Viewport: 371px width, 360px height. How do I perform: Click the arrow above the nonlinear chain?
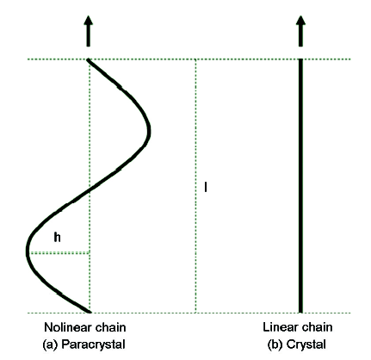[89, 31]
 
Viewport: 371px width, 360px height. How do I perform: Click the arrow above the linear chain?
[300, 31]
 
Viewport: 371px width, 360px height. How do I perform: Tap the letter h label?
[58, 238]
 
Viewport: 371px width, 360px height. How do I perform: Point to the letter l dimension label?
[206, 187]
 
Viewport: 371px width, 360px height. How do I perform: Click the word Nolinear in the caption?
[65, 327]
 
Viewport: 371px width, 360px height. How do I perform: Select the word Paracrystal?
[94, 344]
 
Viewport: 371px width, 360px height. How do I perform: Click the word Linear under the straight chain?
[278, 327]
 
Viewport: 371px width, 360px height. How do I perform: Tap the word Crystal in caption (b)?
[306, 344]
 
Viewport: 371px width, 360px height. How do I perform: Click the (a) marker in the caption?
[51, 344]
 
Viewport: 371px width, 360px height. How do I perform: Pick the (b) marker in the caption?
[275, 344]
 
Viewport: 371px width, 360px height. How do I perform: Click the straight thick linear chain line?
[300, 186]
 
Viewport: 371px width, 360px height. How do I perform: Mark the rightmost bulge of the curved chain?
[149, 132]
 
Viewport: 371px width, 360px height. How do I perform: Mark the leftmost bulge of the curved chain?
[28, 252]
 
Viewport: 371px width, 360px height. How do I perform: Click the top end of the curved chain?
[88, 59]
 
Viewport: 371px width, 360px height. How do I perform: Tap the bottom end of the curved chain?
[90, 312]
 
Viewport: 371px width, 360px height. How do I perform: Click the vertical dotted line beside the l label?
[195, 186]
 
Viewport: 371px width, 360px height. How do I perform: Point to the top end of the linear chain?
[300, 59]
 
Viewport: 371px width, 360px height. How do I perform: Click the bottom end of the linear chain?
[300, 313]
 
